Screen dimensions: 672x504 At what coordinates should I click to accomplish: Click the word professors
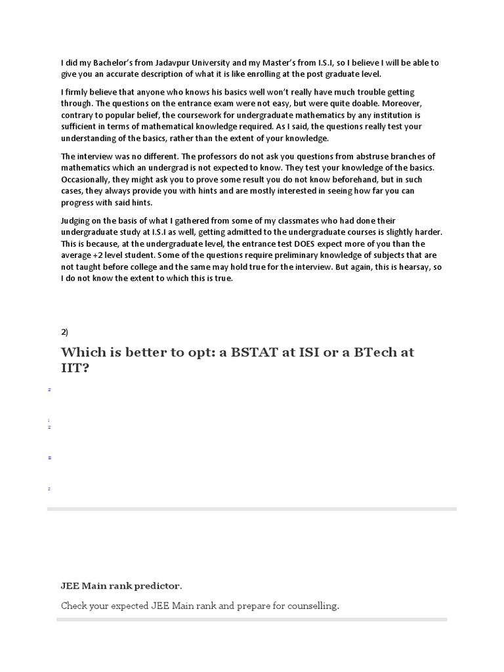click(194, 156)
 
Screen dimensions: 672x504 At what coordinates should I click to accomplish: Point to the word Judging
click(77, 220)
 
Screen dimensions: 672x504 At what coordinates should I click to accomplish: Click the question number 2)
click(64, 332)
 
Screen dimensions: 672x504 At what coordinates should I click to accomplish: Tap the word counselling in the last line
click(310, 606)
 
